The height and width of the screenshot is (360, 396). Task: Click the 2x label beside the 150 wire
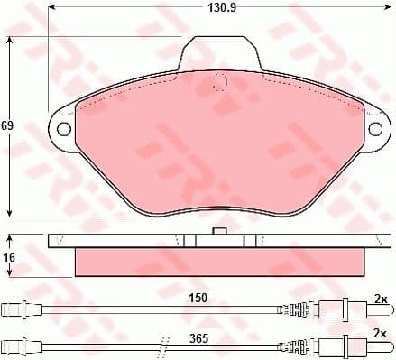[380, 299]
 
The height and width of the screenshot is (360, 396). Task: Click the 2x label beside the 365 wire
[380, 332]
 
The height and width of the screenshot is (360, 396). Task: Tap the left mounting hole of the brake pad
[64, 128]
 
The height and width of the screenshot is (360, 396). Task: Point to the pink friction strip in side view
[218, 262]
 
